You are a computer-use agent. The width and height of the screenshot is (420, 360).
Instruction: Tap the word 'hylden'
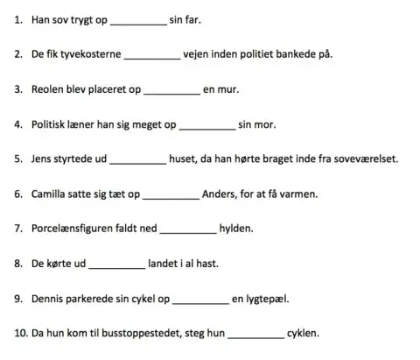tap(236, 229)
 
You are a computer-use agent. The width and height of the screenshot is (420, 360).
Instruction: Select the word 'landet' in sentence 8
tap(164, 263)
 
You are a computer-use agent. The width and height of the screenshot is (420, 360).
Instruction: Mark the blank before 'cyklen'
tap(255, 334)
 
